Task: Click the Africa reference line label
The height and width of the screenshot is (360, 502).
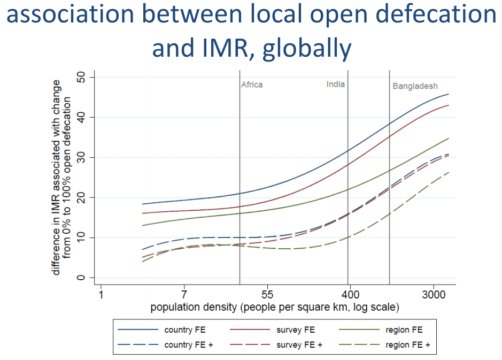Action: point(252,85)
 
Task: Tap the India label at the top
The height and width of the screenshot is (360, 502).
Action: point(336,85)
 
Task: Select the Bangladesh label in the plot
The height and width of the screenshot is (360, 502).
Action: point(415,86)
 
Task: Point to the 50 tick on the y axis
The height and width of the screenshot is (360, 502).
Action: point(81,78)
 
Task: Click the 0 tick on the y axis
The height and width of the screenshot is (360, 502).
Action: point(81,278)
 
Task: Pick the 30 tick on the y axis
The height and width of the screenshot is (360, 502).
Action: point(81,157)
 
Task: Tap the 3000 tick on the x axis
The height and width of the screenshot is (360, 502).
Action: point(434,295)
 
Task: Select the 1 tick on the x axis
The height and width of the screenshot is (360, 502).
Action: point(101,295)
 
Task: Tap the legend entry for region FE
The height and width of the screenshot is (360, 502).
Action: point(404,330)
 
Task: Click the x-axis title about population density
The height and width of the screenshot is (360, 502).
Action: point(274,307)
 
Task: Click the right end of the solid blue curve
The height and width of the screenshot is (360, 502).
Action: point(449,94)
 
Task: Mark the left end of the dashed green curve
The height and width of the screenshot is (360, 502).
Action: point(142,262)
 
